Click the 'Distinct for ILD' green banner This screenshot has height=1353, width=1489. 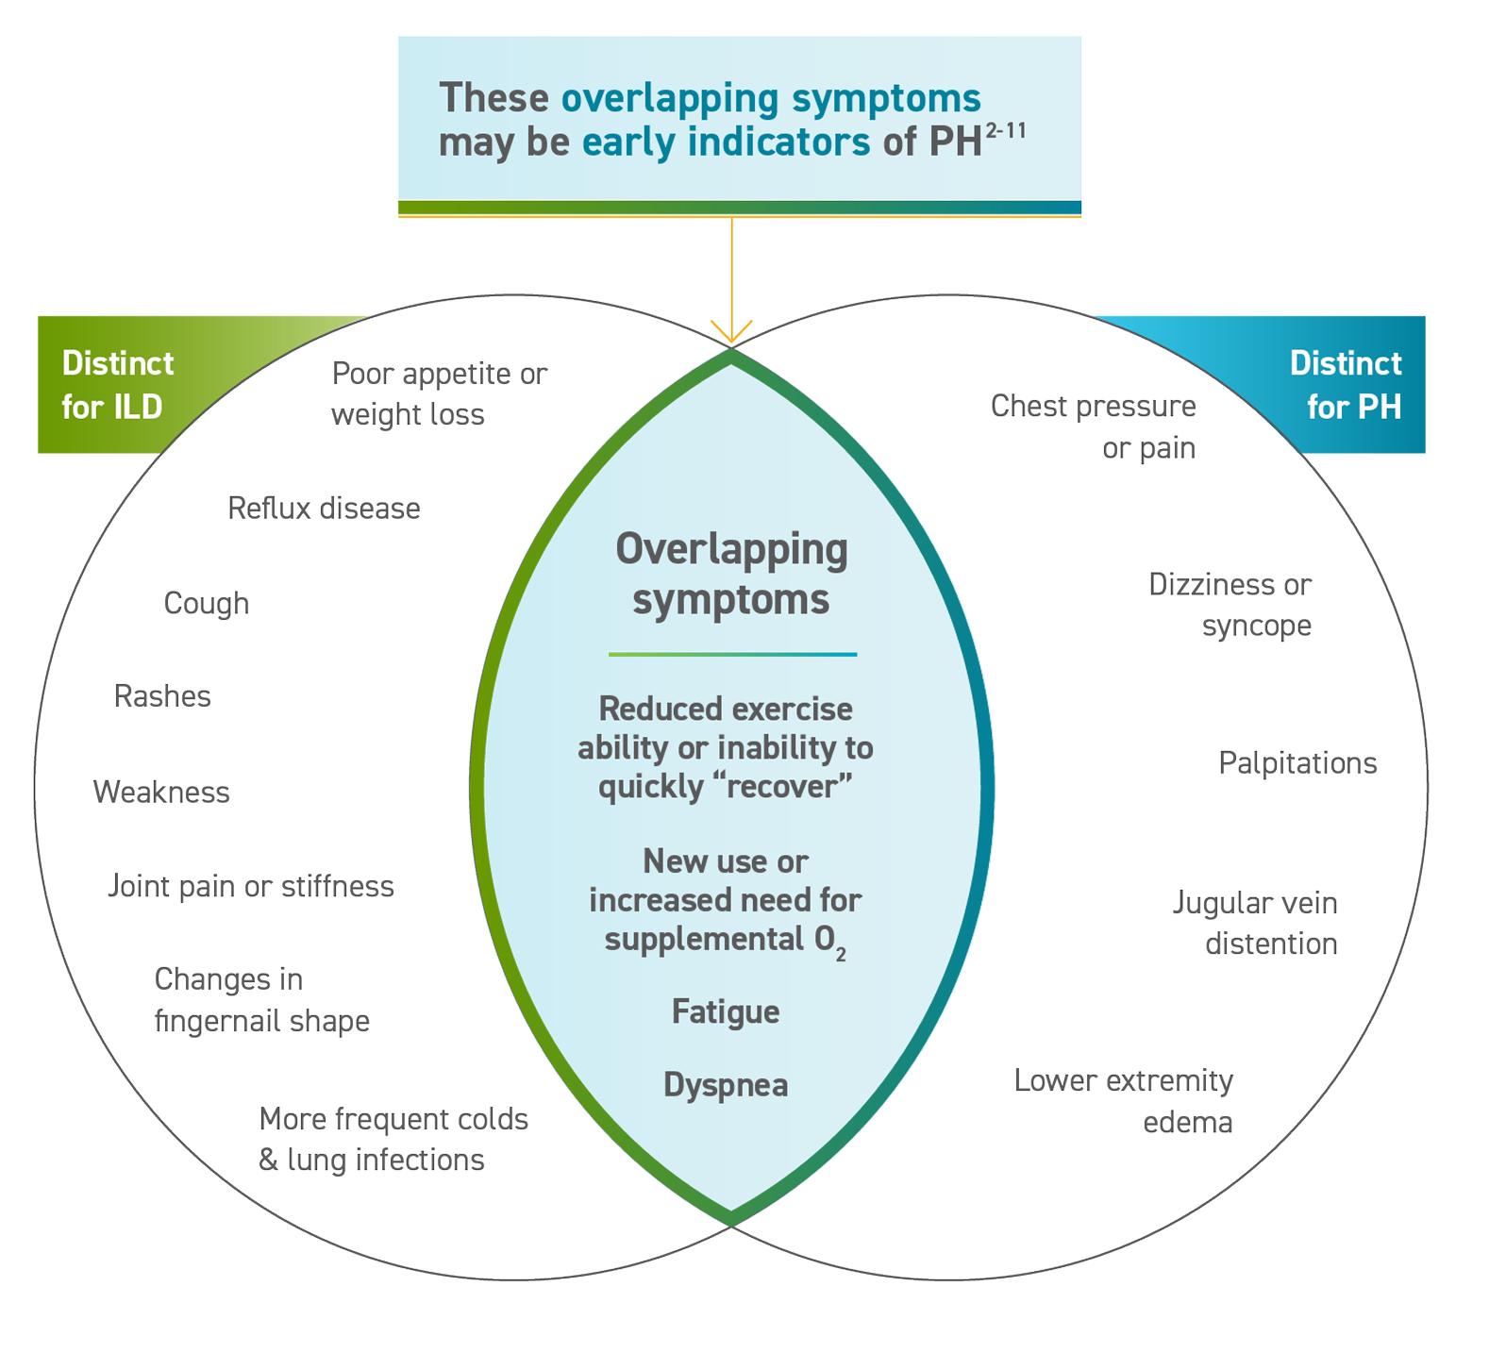118,385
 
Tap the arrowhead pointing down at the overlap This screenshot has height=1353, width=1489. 731,332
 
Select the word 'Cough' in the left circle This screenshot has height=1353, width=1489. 206,603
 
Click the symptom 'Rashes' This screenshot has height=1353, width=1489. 162,696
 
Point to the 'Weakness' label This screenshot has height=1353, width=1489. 161,792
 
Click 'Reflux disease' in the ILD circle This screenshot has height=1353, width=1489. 324,509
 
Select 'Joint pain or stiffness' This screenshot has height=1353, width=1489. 250,886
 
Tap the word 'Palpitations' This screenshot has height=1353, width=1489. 1297,762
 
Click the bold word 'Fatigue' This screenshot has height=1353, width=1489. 726,1011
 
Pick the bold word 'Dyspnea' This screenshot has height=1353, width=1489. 726,1085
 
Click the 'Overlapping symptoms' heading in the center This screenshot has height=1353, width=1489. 731,574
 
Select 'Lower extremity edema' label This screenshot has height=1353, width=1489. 1123,1101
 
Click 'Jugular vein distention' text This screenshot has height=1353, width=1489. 1255,924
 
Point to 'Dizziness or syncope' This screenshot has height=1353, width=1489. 1230,605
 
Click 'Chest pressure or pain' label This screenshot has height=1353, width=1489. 1093,426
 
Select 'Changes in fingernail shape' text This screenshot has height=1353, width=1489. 261,1000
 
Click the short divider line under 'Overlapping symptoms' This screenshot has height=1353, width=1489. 732,654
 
